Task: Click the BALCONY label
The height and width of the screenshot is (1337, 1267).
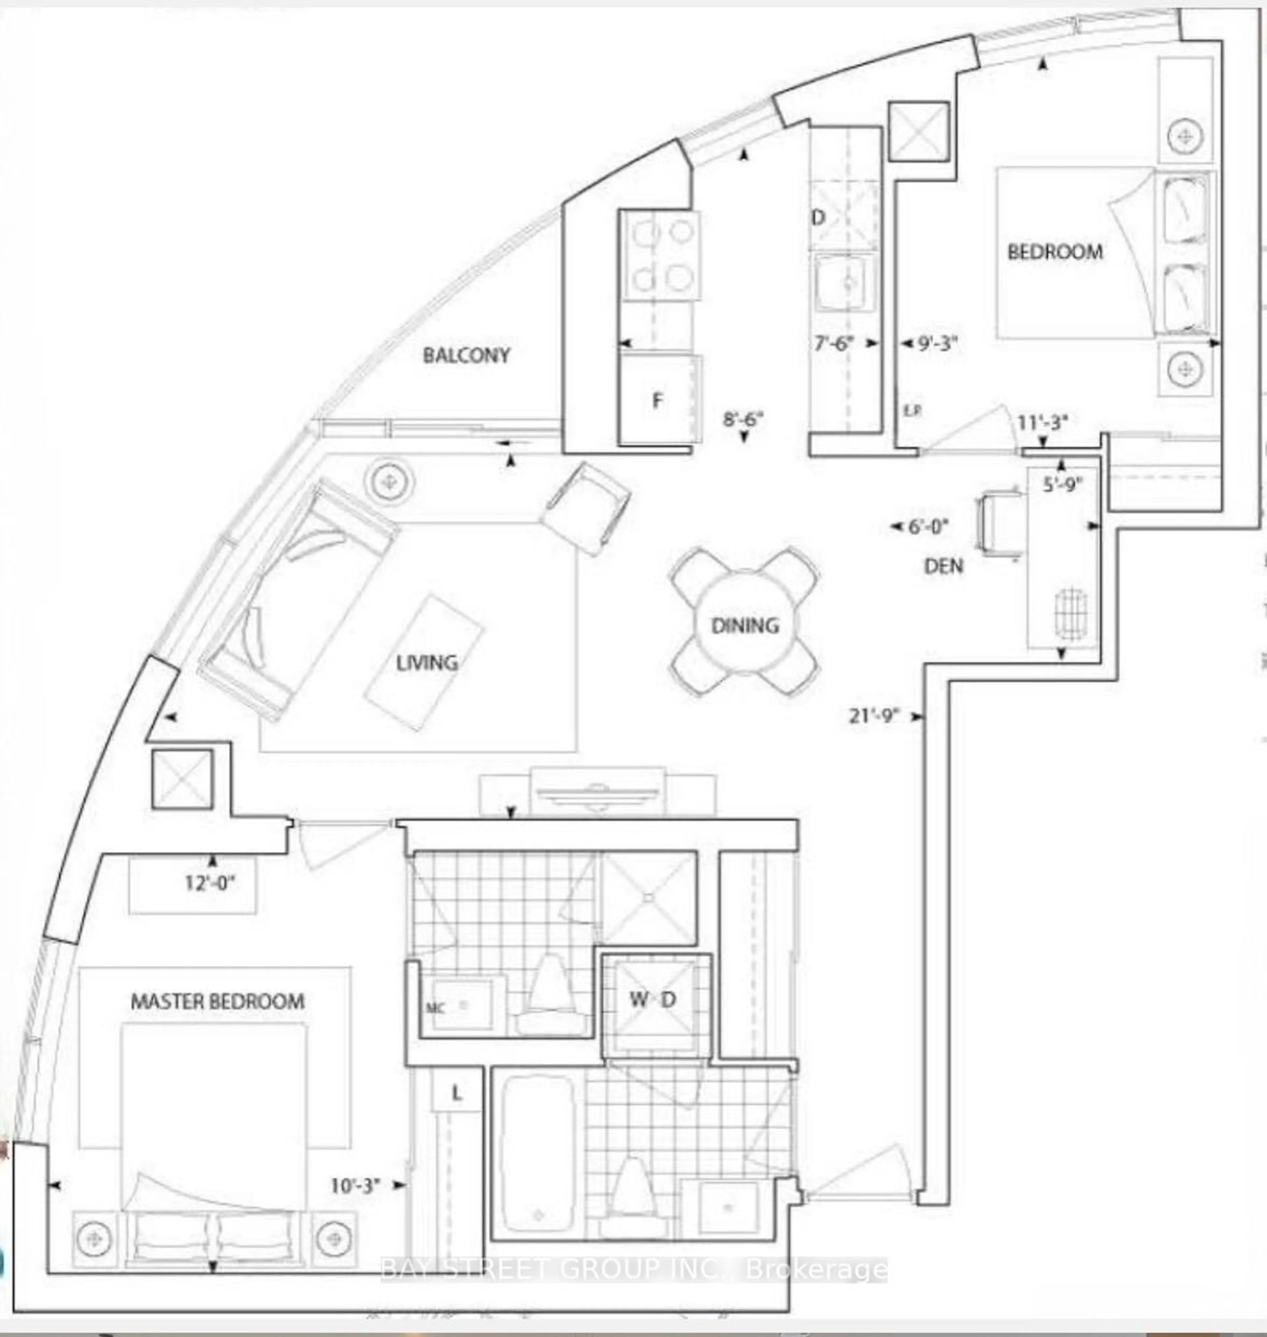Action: (466, 355)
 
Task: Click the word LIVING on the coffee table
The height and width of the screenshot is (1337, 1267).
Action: (427, 663)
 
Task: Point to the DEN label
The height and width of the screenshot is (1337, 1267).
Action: (944, 566)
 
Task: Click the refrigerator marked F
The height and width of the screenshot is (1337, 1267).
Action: (658, 401)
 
